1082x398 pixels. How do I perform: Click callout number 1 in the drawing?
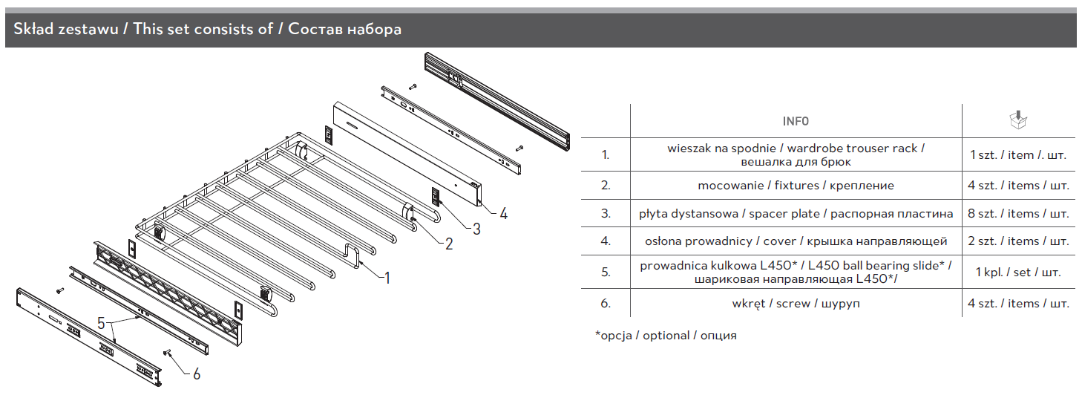(386, 278)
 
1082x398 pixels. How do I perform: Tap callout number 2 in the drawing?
(449, 244)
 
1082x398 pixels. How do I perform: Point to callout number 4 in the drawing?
(504, 214)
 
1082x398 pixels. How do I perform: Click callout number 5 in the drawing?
(102, 324)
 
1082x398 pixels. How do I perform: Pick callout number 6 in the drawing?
(197, 374)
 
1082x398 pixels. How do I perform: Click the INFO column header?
(796, 121)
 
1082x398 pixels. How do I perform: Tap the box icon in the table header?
(1019, 120)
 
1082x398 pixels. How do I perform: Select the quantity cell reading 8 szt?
(1018, 214)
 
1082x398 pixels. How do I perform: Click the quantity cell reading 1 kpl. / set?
(1018, 273)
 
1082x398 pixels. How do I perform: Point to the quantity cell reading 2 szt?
(1018, 241)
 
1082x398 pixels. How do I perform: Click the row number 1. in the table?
(606, 155)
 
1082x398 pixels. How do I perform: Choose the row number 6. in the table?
(606, 304)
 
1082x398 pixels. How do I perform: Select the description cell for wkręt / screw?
(796, 304)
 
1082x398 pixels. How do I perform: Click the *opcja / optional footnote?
(666, 336)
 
